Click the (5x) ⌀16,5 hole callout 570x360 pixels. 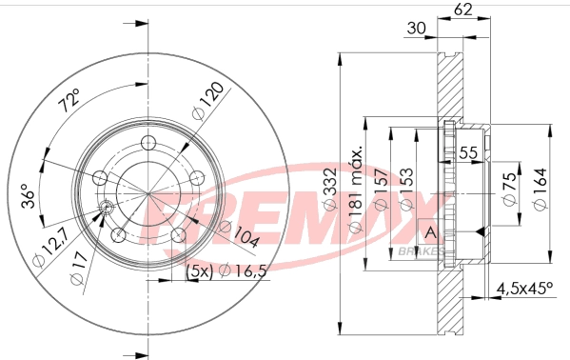(220, 272)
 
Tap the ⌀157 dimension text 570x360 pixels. (384, 195)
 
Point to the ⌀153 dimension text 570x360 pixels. (409, 195)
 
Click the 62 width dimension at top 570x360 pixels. (462, 10)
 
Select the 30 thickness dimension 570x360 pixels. (416, 29)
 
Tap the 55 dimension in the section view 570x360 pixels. (468, 153)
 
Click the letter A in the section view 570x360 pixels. (429, 233)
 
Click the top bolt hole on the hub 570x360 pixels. (147, 143)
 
